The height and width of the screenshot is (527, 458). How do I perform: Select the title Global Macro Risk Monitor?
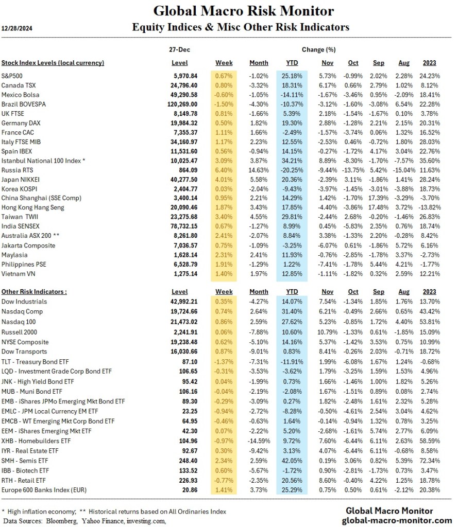click(x=244, y=11)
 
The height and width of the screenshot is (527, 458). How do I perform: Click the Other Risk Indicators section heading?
click(x=34, y=291)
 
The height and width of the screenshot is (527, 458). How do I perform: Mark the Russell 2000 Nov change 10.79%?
click(x=324, y=331)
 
